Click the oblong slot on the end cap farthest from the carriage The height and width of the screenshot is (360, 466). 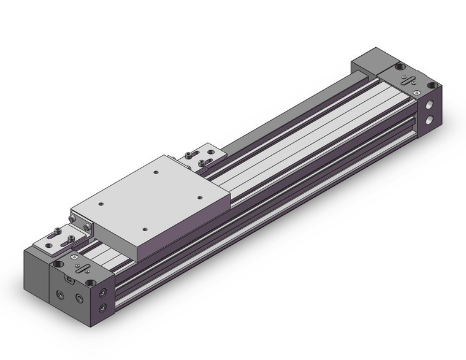[408, 80]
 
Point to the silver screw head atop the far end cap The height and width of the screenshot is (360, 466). [418, 92]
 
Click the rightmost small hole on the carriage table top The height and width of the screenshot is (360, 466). [201, 197]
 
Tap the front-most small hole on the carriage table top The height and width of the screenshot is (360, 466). [144, 229]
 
